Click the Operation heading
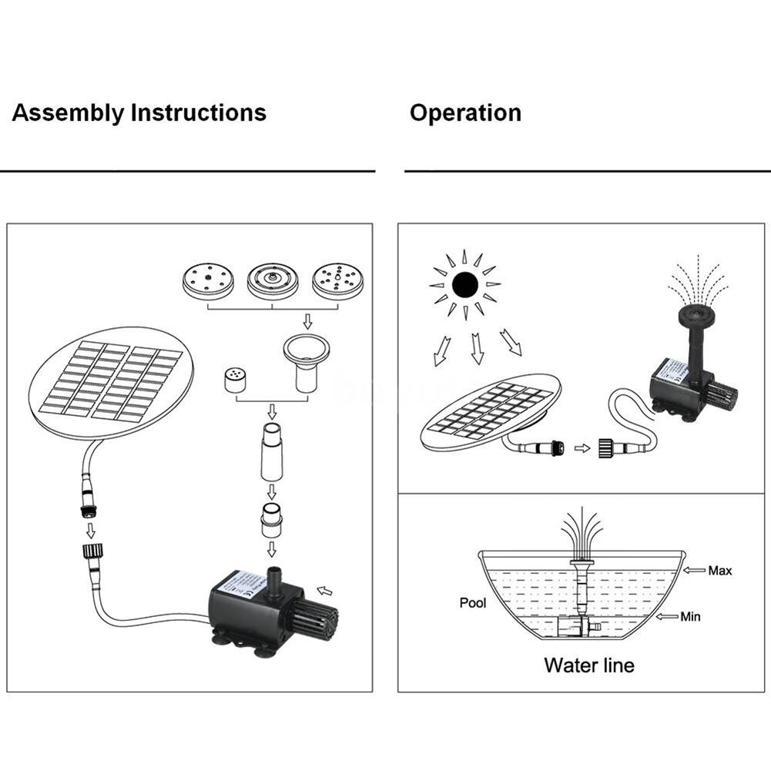[x=465, y=113]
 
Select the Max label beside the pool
[x=720, y=571]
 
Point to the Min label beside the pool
[x=690, y=616]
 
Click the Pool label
[x=473, y=603]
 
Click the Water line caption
[x=589, y=665]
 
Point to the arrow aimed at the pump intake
[x=326, y=592]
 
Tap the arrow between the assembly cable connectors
[x=91, y=530]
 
